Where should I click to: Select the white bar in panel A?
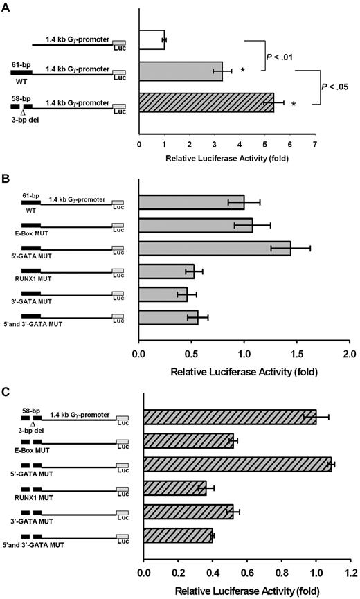point(152,40)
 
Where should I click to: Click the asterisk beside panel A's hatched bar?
point(294,105)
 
